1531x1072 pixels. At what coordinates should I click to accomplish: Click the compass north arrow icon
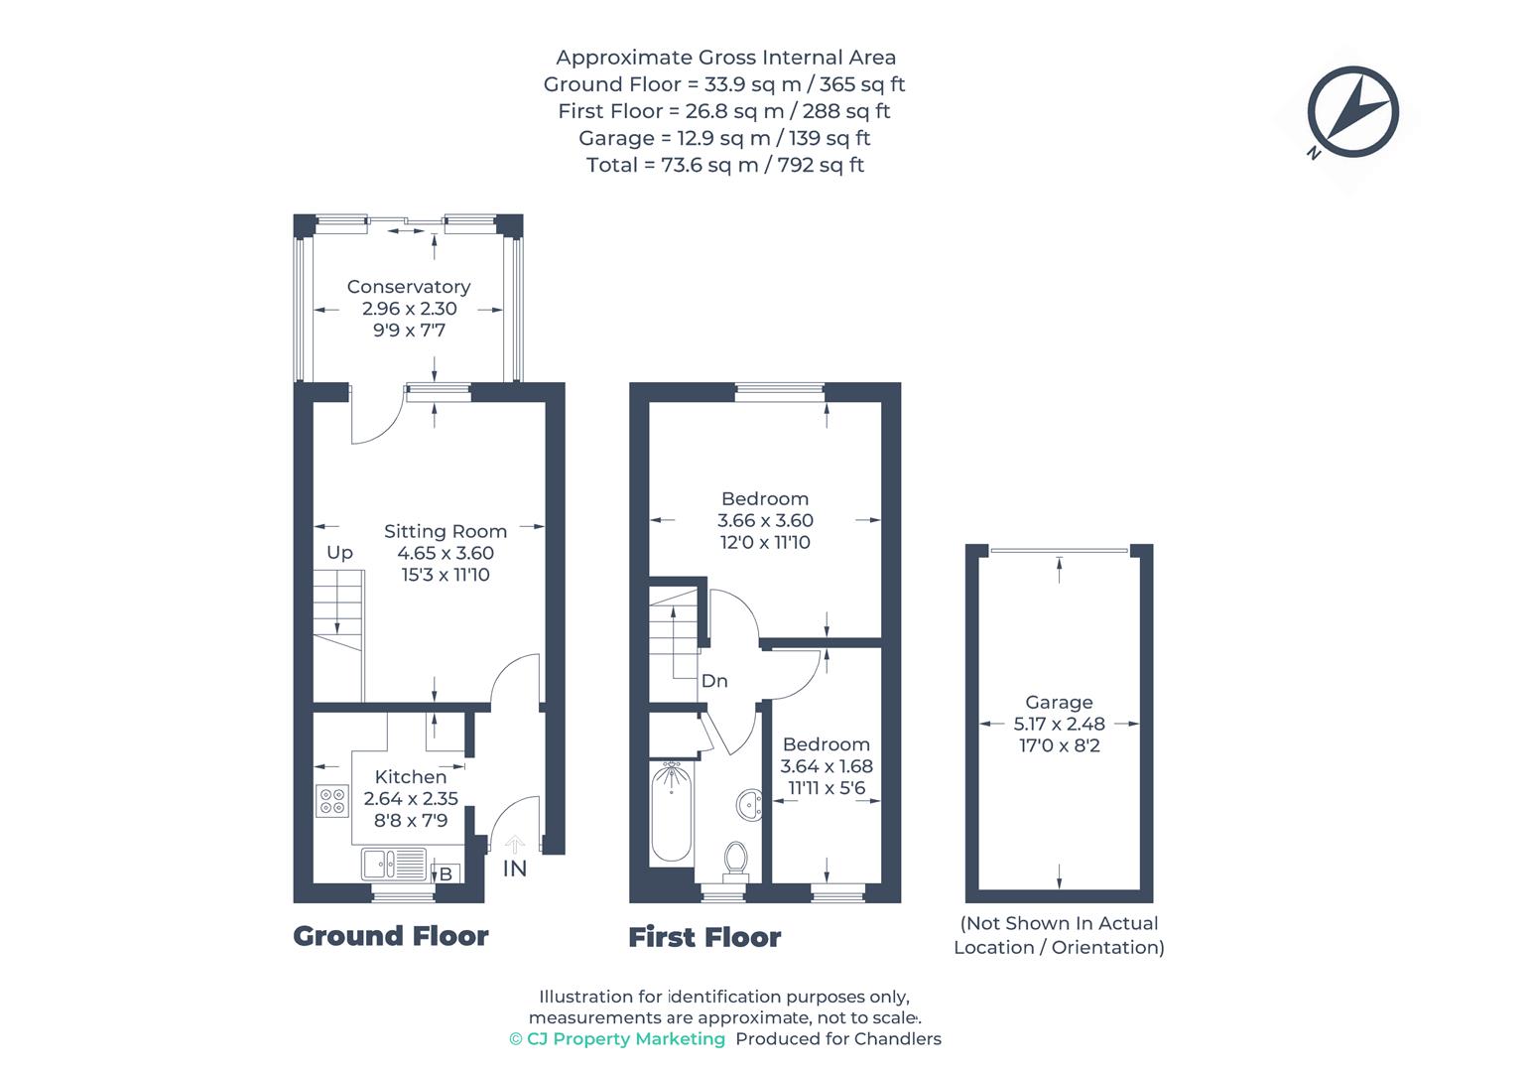1352,112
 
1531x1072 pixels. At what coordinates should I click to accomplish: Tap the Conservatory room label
408,287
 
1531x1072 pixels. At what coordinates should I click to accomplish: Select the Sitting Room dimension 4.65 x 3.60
446,553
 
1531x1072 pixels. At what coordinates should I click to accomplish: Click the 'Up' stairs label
339,553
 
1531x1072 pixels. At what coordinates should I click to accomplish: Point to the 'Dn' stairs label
714,681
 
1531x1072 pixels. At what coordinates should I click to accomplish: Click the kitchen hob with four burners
332,801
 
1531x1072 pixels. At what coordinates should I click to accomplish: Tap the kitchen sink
394,864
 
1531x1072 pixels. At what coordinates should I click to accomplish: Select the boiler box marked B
446,873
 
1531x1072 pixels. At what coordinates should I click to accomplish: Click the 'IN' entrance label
514,869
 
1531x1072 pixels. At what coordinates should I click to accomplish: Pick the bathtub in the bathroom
672,813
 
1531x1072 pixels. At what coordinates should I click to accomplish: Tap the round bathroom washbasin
749,804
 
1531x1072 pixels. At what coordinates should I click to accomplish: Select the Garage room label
1059,702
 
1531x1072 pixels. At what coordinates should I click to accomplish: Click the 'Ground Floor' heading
391,936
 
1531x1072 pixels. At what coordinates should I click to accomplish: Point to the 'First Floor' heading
704,937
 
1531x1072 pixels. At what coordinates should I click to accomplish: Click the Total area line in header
724,165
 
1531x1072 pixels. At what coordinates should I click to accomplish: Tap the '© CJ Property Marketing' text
616,1039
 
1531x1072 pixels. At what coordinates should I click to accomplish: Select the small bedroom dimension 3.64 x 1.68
826,766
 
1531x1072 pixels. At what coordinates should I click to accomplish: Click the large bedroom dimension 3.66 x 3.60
765,520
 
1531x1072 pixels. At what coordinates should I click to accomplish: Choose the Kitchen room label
410,777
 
